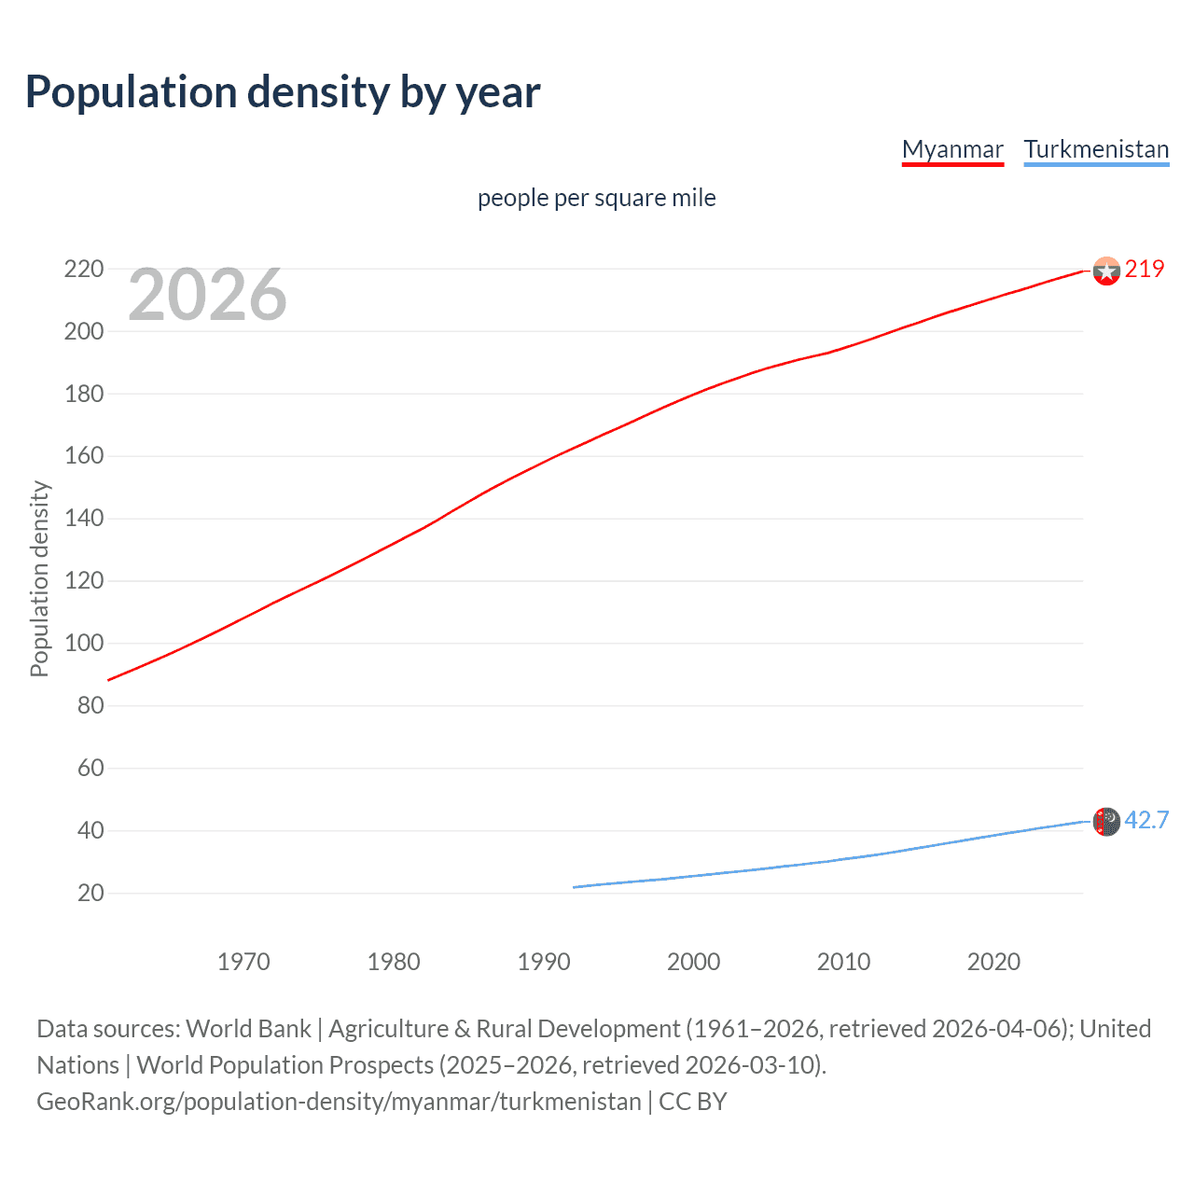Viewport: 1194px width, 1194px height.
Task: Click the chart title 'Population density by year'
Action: tap(283, 92)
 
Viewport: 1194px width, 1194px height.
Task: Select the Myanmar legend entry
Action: tap(952, 149)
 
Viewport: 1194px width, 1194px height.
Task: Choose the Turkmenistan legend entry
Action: tap(1096, 149)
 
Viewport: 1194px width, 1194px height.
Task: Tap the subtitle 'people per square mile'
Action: tap(596, 198)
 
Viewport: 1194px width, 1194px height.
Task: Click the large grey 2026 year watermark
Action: tap(207, 295)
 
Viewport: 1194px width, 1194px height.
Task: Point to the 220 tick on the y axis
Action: tap(84, 269)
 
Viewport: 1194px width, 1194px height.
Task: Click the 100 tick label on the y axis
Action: tap(84, 644)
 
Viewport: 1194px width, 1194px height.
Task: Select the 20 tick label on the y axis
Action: tap(90, 893)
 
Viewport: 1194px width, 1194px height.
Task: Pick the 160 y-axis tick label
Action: tap(84, 456)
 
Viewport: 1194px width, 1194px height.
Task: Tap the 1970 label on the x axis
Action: tap(243, 962)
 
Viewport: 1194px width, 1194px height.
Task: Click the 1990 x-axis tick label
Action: tap(544, 962)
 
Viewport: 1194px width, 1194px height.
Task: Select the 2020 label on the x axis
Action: tap(993, 962)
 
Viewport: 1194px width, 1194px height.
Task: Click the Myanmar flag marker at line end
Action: tap(1106, 271)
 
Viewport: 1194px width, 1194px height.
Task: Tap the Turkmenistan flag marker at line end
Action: tap(1106, 821)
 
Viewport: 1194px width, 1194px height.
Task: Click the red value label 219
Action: tap(1145, 269)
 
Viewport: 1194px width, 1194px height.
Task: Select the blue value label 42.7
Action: tap(1146, 820)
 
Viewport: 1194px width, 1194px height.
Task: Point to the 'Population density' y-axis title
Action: tap(39, 578)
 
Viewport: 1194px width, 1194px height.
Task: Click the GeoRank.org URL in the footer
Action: tap(339, 1102)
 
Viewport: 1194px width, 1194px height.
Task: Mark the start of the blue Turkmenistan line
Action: tap(574, 887)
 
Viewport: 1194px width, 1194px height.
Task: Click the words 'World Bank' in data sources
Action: tap(248, 1029)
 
